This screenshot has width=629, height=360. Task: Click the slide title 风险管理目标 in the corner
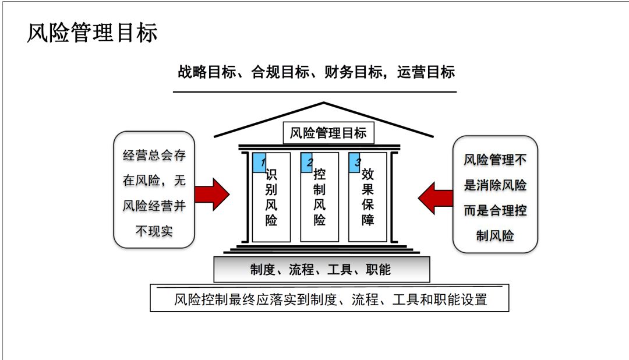click(x=92, y=33)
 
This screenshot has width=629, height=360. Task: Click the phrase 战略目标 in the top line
click(x=207, y=72)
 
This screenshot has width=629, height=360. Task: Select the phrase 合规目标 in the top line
click(x=280, y=72)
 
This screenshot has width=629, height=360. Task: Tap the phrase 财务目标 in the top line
click(x=353, y=72)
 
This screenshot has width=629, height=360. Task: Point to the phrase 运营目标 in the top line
click(x=426, y=72)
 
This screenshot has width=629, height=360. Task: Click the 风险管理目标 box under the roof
click(x=328, y=133)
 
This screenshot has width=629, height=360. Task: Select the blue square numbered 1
click(x=259, y=163)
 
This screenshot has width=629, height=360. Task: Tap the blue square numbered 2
click(x=306, y=163)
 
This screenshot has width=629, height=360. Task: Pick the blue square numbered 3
click(x=355, y=163)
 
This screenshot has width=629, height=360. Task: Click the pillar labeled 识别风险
click(x=271, y=197)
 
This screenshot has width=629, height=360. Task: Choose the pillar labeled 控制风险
click(x=319, y=197)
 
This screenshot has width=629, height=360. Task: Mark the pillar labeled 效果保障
click(x=367, y=197)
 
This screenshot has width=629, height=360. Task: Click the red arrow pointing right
click(x=212, y=195)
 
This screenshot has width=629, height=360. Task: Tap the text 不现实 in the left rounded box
click(x=154, y=231)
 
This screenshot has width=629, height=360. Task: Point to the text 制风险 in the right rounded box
click(x=495, y=235)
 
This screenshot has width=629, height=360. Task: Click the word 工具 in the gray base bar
click(x=340, y=270)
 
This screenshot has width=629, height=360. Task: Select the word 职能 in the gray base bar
click(x=379, y=270)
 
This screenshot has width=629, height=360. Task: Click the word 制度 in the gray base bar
click(x=262, y=270)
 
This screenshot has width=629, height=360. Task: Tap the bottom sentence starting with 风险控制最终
click(x=330, y=300)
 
